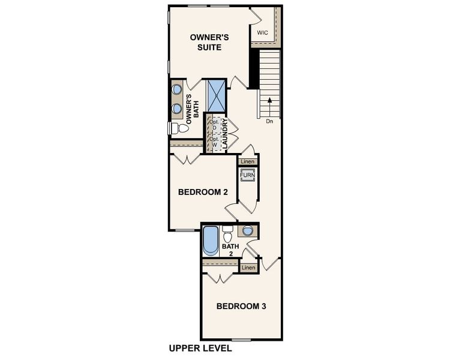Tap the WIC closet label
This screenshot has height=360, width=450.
pyautogui.click(x=262, y=32)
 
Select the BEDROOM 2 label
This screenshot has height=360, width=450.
pyautogui.click(x=203, y=193)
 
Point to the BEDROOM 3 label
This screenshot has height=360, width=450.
pyautogui.click(x=241, y=306)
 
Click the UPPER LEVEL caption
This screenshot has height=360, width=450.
pyautogui.click(x=200, y=349)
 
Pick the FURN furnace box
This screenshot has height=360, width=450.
pyautogui.click(x=248, y=175)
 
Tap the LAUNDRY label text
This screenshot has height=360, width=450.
pyautogui.click(x=224, y=134)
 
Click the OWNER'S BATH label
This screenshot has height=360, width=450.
pyautogui.click(x=192, y=109)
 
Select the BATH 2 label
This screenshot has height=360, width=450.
pyautogui.click(x=230, y=250)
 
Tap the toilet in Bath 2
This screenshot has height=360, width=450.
pyautogui.click(x=227, y=232)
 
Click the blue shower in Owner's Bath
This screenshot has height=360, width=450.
pyautogui.click(x=216, y=95)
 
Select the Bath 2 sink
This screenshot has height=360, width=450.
pyautogui.click(x=248, y=230)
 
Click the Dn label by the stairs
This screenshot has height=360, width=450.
pyautogui.click(x=269, y=121)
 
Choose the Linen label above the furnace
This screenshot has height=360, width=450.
pyautogui.click(x=248, y=161)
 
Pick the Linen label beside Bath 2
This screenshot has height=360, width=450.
pyautogui.click(x=248, y=267)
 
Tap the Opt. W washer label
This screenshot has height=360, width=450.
pyautogui.click(x=213, y=142)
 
